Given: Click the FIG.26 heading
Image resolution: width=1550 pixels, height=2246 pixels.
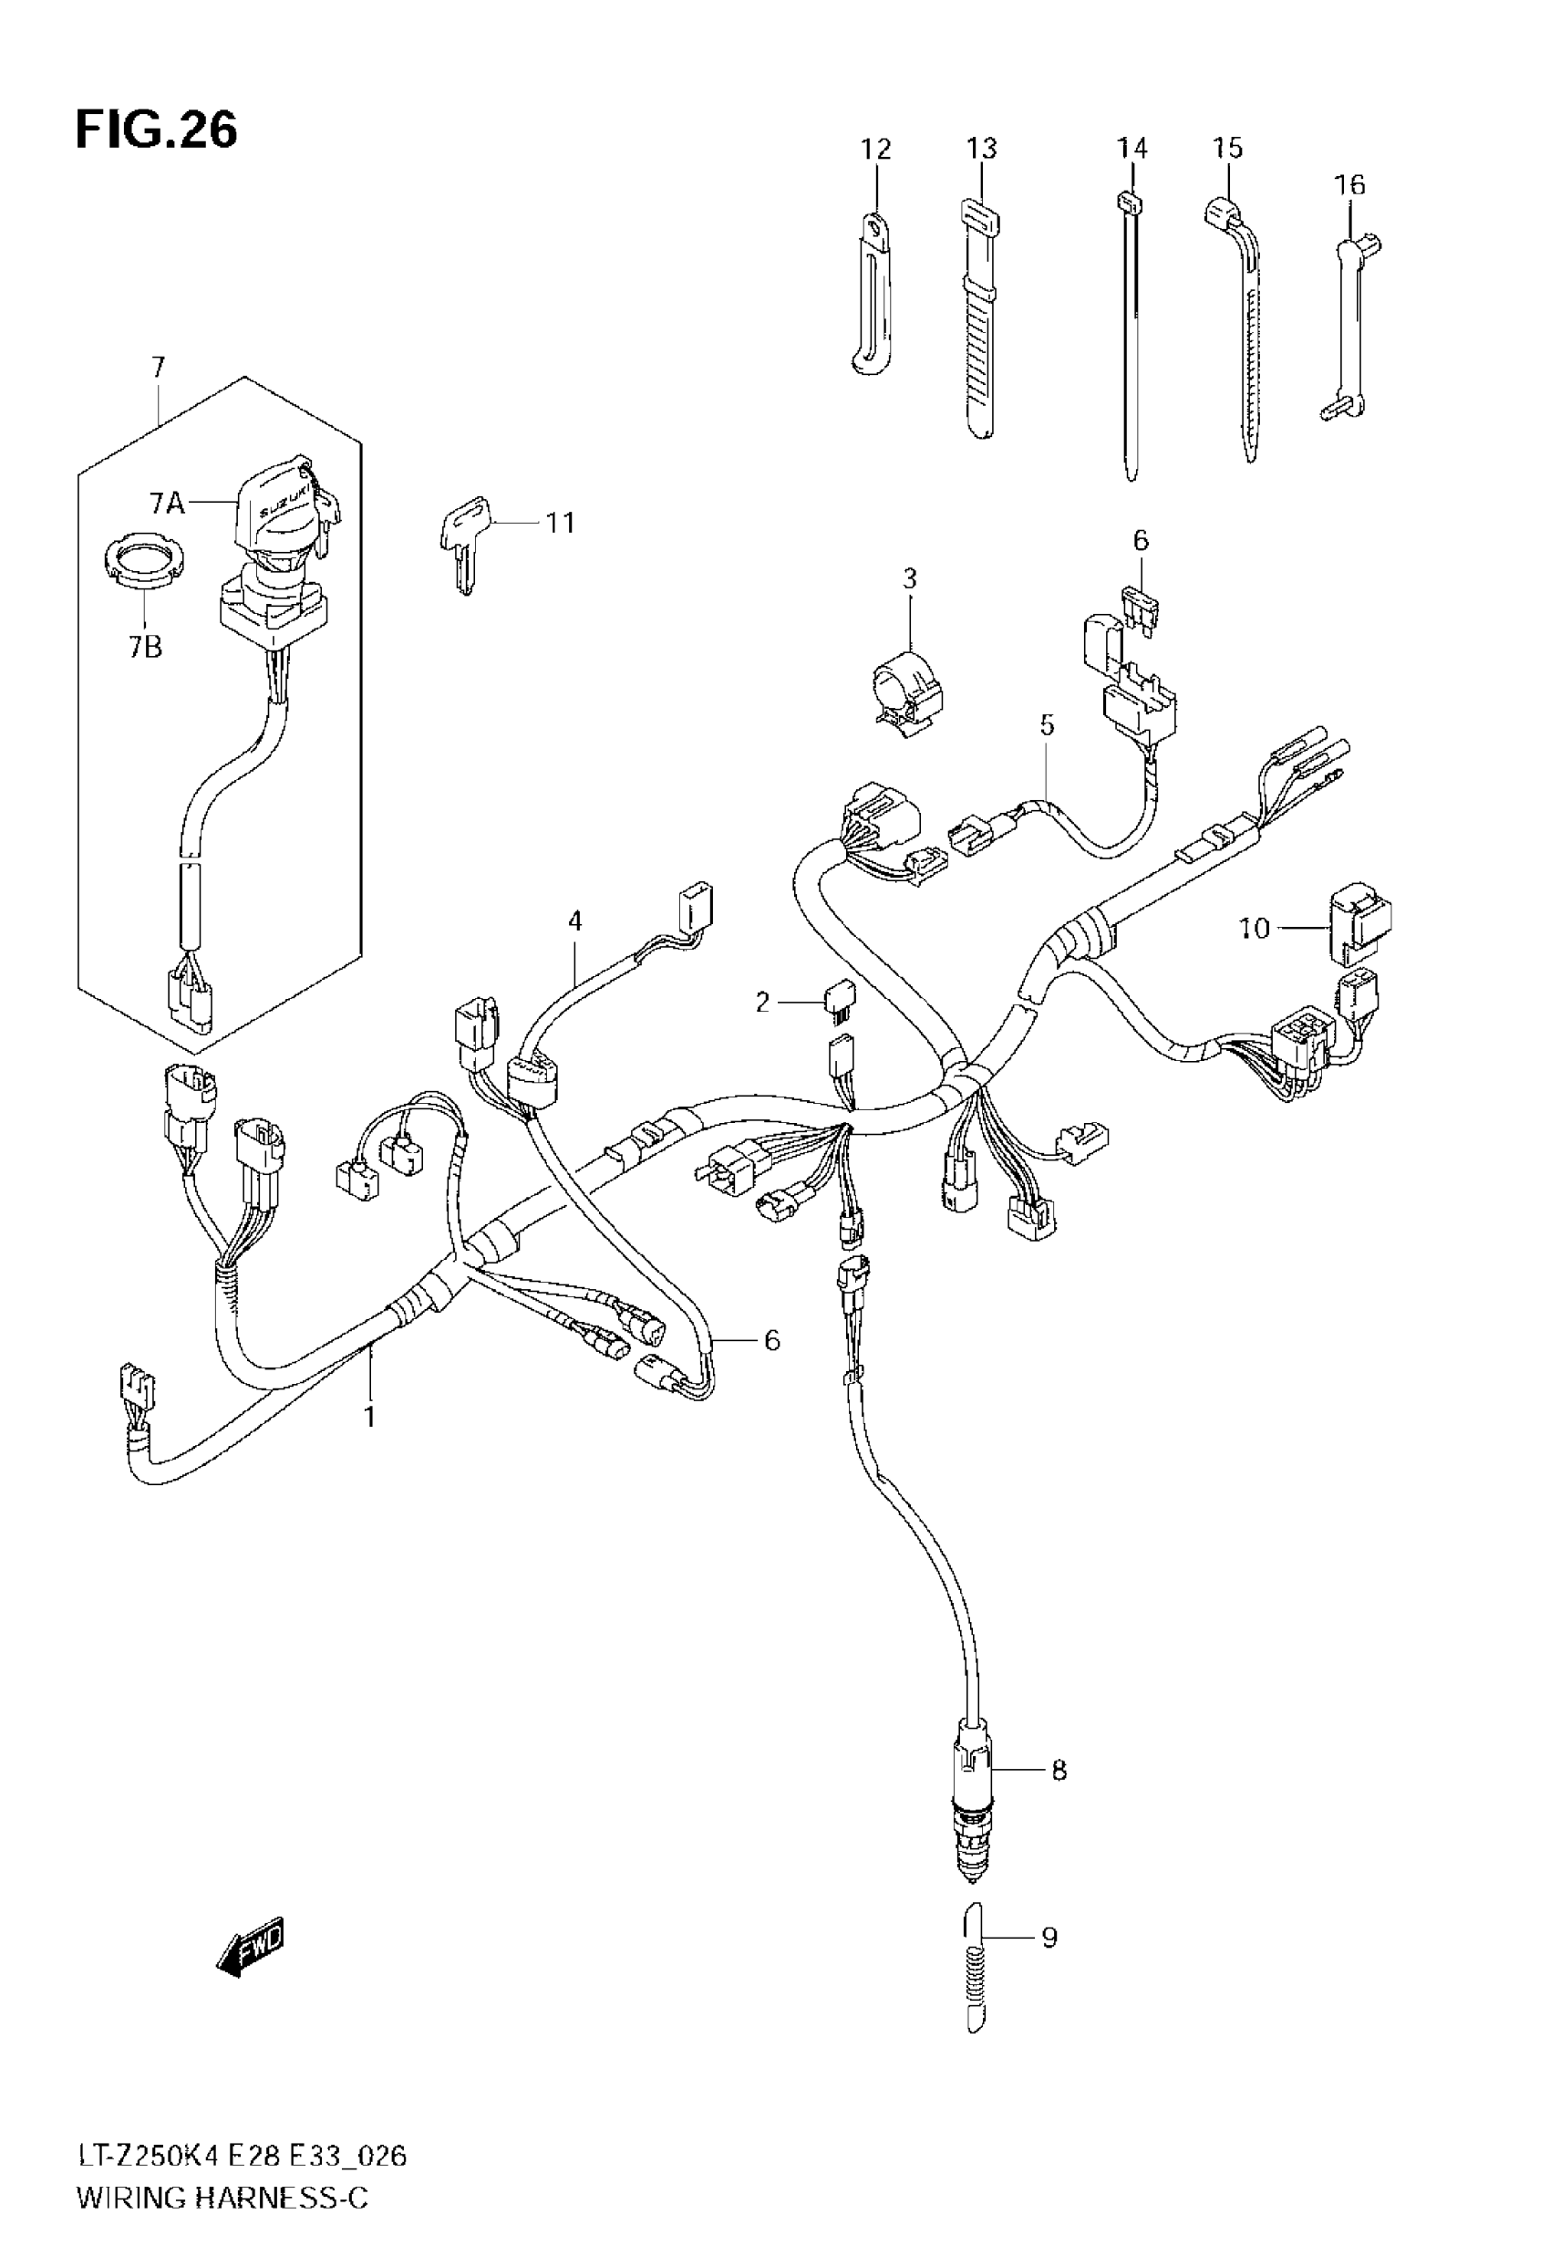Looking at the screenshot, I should [156, 130].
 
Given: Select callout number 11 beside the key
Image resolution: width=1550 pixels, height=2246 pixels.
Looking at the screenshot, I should [561, 523].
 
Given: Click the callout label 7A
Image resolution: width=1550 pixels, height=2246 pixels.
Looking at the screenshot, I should [166, 503].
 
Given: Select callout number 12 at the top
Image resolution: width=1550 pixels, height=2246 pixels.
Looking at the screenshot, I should [875, 150].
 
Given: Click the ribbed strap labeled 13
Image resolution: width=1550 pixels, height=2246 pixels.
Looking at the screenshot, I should [979, 320].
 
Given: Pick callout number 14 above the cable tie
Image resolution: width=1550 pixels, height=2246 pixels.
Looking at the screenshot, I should [1131, 149].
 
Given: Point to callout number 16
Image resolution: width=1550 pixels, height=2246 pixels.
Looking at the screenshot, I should [1350, 184].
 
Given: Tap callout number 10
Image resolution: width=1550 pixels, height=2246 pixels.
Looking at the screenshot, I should [1254, 929].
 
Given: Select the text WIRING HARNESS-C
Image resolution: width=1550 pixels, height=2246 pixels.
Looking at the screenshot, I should [222, 2198].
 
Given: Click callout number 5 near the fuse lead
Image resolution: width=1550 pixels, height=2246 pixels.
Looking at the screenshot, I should [1046, 724].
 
